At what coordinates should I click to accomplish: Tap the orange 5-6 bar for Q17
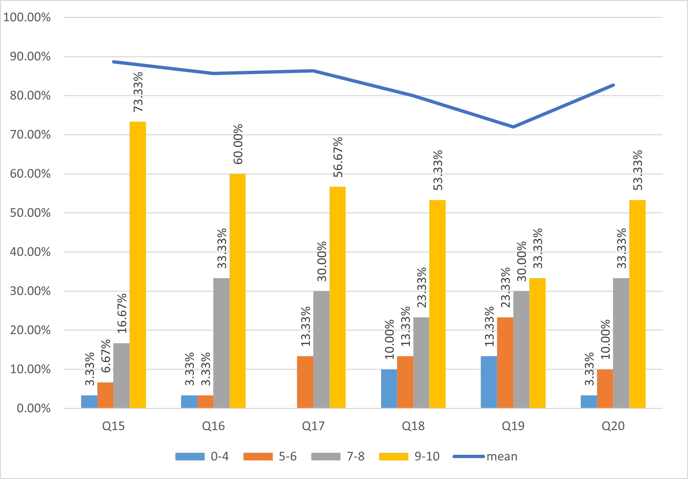click(305, 382)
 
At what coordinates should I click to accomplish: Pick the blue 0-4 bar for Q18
click(389, 388)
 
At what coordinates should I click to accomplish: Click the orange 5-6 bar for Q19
click(505, 362)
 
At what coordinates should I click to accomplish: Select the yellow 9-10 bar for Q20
click(637, 304)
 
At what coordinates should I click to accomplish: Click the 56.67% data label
click(338, 157)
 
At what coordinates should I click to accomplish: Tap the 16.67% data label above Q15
click(122, 313)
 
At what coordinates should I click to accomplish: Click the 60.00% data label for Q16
click(238, 144)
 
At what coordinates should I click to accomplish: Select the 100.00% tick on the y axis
click(27, 17)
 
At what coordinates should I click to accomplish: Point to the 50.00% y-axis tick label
click(30, 213)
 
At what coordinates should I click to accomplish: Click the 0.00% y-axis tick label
click(34, 408)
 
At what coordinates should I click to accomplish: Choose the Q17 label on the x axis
click(313, 426)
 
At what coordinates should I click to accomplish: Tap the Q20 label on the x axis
click(613, 426)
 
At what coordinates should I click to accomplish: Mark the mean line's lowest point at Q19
click(513, 127)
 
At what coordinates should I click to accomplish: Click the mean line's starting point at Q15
click(114, 62)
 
